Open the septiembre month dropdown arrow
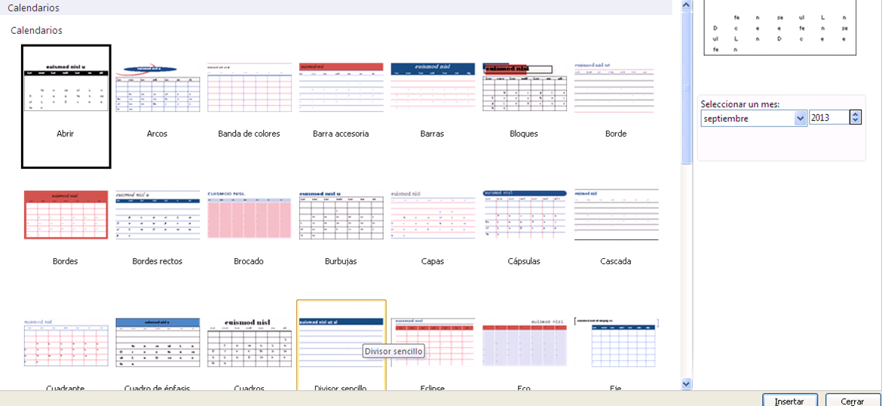click(801, 118)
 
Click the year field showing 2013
click(829, 118)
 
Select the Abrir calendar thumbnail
click(66, 88)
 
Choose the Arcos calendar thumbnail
click(158, 88)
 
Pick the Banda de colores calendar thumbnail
click(250, 88)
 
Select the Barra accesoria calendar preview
click(341, 88)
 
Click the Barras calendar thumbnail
click(433, 88)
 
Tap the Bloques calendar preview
click(524, 88)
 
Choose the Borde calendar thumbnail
click(616, 88)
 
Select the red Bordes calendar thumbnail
click(66, 215)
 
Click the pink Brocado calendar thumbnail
click(250, 215)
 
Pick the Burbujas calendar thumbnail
click(341, 215)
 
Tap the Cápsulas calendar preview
click(524, 215)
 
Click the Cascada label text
click(616, 261)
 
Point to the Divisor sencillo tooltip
click(394, 351)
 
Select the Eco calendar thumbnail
click(524, 343)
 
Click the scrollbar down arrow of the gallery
click(686, 383)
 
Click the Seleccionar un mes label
click(740, 104)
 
